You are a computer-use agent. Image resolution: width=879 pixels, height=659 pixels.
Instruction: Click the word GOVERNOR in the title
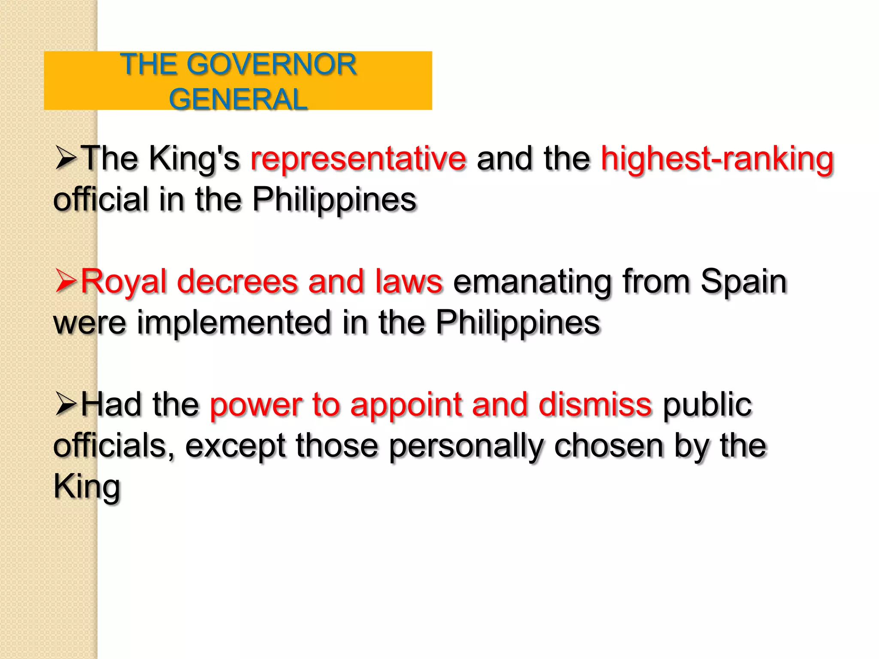coord(271,65)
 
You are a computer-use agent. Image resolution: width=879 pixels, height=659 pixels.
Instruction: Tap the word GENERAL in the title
coord(238,100)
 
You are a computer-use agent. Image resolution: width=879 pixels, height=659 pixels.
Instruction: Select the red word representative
coord(358,159)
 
